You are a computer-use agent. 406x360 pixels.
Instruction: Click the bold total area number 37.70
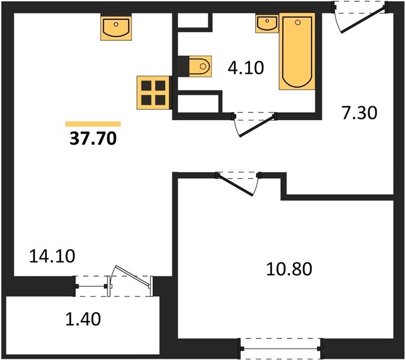pyautogui.click(x=93, y=139)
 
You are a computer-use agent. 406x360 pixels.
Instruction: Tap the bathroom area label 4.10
pyautogui.click(x=246, y=68)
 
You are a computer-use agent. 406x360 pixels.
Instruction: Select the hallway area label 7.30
pyautogui.click(x=359, y=113)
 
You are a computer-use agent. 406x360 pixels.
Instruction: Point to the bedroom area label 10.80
pyautogui.click(x=289, y=269)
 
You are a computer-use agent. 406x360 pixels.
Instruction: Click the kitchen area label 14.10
pyautogui.click(x=52, y=256)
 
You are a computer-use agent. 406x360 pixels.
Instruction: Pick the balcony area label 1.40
pyautogui.click(x=83, y=319)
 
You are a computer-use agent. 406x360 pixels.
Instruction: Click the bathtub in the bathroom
pyautogui.click(x=297, y=51)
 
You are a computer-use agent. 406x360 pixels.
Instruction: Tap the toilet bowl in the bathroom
pyautogui.click(x=200, y=66)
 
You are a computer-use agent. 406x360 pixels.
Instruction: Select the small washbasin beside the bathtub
pyautogui.click(x=267, y=23)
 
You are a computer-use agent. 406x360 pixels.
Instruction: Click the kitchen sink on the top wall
pyautogui.click(x=116, y=28)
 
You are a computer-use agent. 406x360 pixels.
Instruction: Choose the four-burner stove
pyautogui.click(x=154, y=92)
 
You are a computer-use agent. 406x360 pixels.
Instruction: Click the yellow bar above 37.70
pyautogui.click(x=93, y=124)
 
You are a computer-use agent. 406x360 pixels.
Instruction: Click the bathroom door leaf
pyautogui.click(x=256, y=127)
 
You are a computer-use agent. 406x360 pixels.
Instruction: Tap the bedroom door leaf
pyautogui.click(x=235, y=185)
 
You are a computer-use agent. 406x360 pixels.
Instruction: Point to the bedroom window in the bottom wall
pyautogui.click(x=280, y=349)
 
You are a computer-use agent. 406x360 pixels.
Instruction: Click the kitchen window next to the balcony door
pyautogui.click(x=91, y=286)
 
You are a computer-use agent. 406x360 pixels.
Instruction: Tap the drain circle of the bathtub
pyautogui.click(x=298, y=23)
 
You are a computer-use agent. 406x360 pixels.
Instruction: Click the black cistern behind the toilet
pyautogui.click(x=184, y=66)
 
